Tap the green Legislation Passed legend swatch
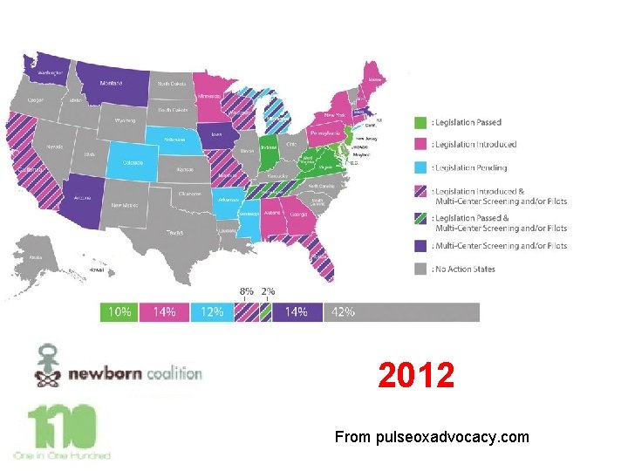coord(420,123)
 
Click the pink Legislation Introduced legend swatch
coord(420,144)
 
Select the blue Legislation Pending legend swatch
coord(420,167)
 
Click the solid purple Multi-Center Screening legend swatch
coord(420,245)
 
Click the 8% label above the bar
coord(249,291)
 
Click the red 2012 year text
coord(416,377)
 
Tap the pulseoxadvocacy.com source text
coord(432,436)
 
